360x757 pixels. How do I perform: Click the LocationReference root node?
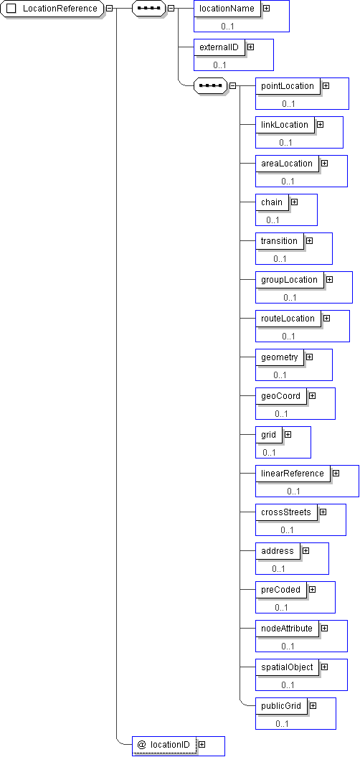pos(52,9)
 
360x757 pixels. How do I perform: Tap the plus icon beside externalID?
pos(250,47)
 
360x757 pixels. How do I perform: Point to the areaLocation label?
pos(287,163)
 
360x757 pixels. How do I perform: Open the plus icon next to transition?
pos(309,240)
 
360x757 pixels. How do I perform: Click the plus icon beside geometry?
pos(309,357)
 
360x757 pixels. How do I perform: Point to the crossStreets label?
pos(286,512)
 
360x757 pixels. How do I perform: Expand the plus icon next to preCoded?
pos(312,590)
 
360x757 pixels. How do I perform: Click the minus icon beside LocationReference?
pos(110,9)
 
